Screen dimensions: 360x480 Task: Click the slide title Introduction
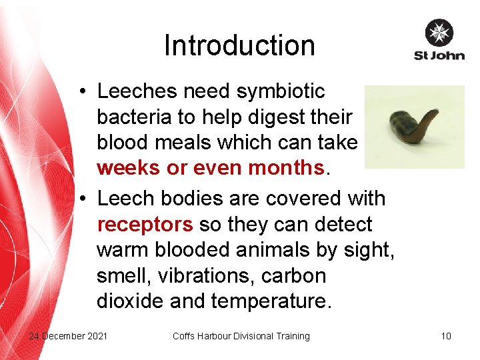point(239,46)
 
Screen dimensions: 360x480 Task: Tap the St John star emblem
point(439,33)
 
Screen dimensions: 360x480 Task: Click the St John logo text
point(439,55)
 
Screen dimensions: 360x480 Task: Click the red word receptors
point(145,224)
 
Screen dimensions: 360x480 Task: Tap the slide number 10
point(446,336)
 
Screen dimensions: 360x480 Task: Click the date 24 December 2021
point(68,336)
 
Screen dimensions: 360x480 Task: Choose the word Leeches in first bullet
point(137,91)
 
